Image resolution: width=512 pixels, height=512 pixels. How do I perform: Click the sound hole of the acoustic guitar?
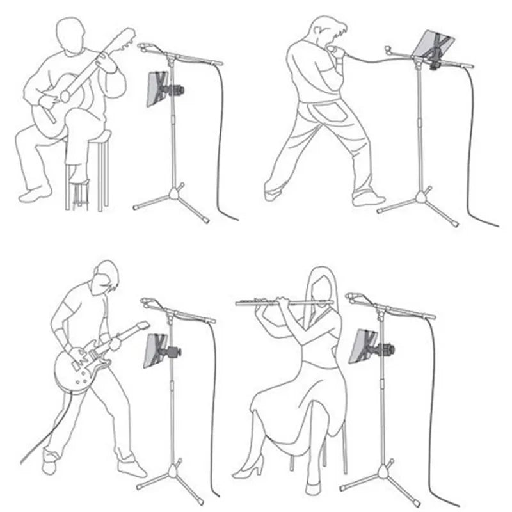tap(65, 97)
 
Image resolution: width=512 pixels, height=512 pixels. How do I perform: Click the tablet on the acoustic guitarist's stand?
tap(156, 88)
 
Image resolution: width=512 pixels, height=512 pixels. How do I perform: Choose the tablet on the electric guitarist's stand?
tap(156, 351)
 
